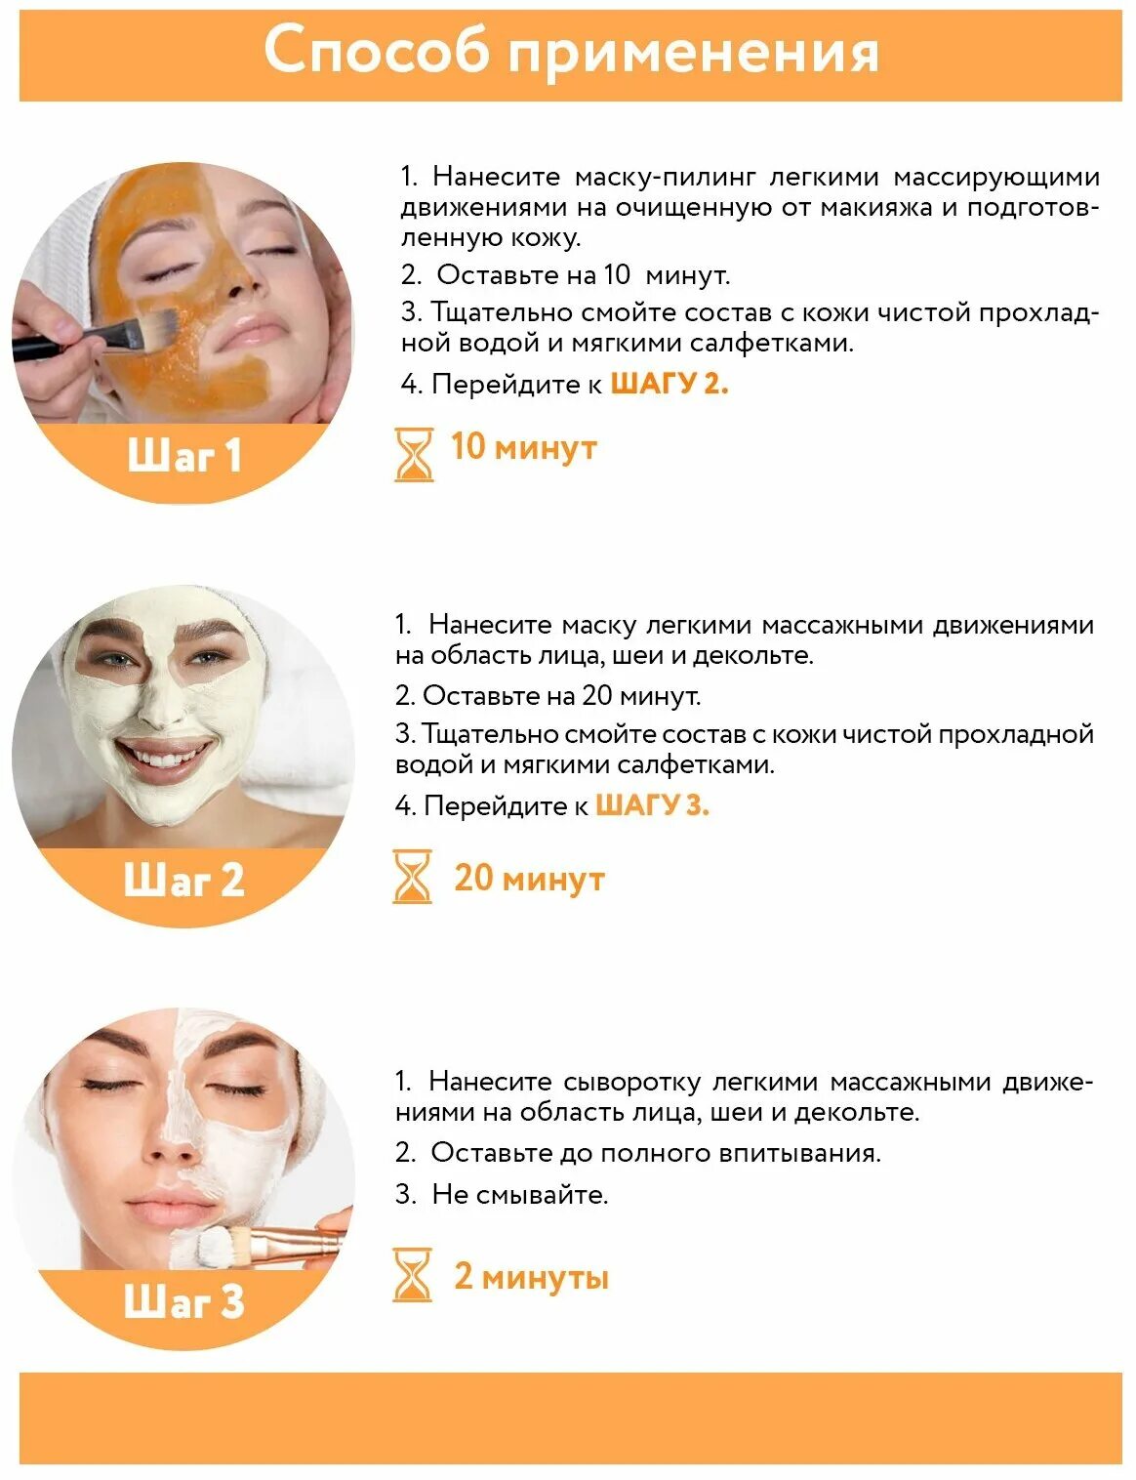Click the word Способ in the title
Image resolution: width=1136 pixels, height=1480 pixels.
click(x=376, y=51)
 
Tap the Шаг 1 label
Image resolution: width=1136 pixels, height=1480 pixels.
click(x=184, y=456)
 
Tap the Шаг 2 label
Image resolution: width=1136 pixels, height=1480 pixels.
click(x=184, y=880)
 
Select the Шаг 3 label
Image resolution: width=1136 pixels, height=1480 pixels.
click(x=184, y=1301)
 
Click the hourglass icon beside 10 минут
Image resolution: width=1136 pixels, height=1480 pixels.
click(x=414, y=454)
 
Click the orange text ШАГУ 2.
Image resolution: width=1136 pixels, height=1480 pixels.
click(x=669, y=384)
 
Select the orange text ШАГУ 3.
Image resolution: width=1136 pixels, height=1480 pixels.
click(x=652, y=805)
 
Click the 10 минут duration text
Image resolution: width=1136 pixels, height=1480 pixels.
click(x=523, y=447)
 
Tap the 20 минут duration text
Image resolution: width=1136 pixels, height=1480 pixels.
click(x=529, y=878)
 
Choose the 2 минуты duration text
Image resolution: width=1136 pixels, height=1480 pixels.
click(x=531, y=1276)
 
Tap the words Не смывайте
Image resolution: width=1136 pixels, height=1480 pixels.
click(x=519, y=1194)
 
